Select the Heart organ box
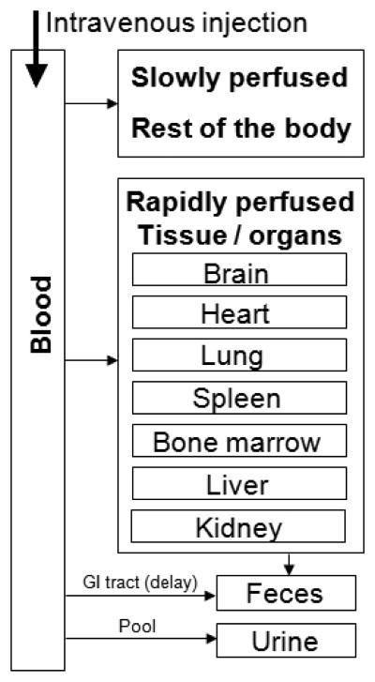[x=239, y=312]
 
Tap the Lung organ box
[x=239, y=355]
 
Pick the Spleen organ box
[x=239, y=397]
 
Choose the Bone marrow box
[x=239, y=440]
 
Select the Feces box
[x=287, y=594]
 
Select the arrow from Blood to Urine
[x=141, y=640]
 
